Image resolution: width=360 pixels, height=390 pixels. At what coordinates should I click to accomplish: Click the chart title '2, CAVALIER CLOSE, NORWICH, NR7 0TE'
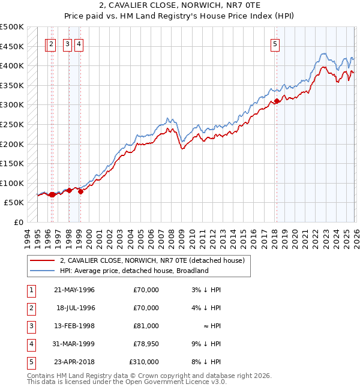pos(179,7)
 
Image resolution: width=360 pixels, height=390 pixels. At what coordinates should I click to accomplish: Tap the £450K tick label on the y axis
pos(12,46)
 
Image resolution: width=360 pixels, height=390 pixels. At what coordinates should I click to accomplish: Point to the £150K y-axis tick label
pos(12,163)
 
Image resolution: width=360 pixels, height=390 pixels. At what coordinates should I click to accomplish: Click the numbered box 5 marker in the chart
pos(275,43)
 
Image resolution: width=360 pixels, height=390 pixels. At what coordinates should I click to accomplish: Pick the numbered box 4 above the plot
pos(79,43)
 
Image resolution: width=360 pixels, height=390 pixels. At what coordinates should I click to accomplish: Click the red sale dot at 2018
pos(277,101)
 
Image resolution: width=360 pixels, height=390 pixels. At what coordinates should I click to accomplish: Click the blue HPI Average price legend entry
pos(134,271)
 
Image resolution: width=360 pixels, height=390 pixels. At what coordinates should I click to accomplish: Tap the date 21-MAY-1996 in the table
pos(74,290)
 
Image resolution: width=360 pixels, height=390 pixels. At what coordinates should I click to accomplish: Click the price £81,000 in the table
pos(146,326)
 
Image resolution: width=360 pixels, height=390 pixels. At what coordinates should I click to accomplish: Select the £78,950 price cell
pos(146,344)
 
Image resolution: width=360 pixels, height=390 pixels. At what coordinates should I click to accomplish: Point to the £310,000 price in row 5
pos(144,362)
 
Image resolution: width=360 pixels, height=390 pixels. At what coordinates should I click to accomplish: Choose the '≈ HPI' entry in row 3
pos(211,326)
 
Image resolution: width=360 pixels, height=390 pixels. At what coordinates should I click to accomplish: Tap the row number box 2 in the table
pos(30,308)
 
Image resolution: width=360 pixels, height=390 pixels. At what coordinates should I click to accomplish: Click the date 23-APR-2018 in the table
pos(74,362)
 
